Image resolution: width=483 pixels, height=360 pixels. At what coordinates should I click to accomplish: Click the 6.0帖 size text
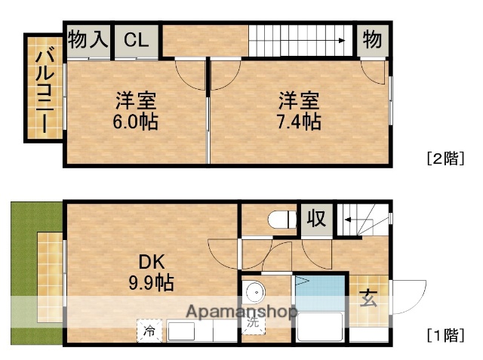coord(137,122)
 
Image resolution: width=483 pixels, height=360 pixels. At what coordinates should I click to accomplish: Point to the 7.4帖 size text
coord(300,122)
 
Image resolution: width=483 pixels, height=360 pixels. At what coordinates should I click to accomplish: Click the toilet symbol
coord(283,220)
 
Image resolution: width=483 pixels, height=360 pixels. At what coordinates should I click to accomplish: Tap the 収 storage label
coord(316,219)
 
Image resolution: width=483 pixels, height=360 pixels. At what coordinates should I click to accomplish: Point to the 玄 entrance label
coord(368,299)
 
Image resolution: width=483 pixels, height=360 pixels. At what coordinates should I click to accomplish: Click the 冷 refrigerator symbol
coord(149,330)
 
